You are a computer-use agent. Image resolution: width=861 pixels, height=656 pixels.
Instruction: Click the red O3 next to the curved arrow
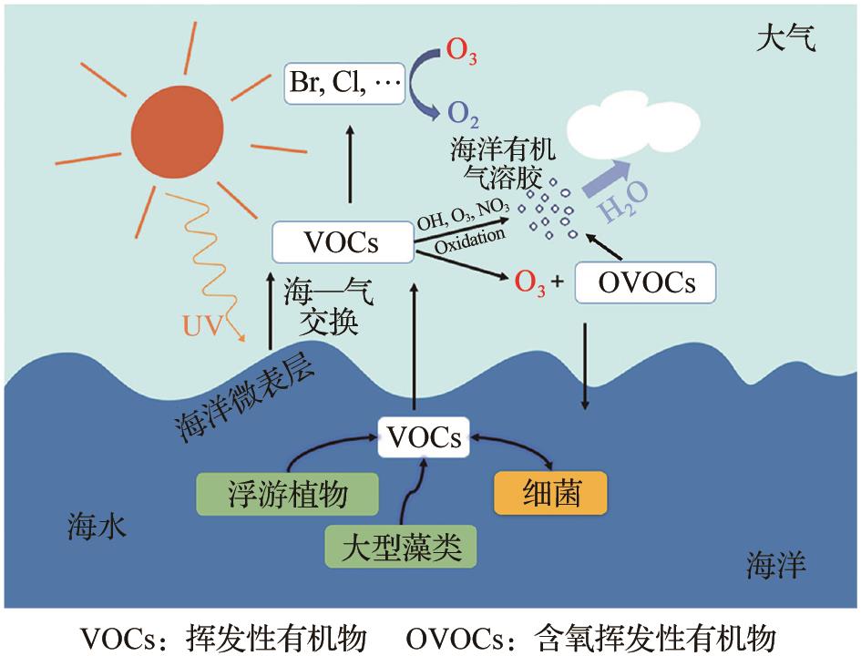click(x=461, y=51)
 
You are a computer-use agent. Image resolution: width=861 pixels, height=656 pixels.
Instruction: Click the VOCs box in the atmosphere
click(x=343, y=242)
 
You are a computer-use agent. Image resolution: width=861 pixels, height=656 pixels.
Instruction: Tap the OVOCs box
click(x=646, y=283)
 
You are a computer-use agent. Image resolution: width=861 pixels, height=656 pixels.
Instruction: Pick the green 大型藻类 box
click(x=402, y=548)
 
